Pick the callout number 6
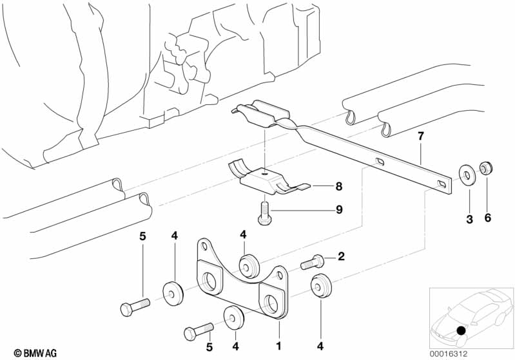click(x=487, y=219)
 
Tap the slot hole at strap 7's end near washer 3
click(x=442, y=185)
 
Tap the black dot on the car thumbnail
click(x=461, y=331)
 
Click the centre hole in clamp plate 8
click(x=264, y=172)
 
